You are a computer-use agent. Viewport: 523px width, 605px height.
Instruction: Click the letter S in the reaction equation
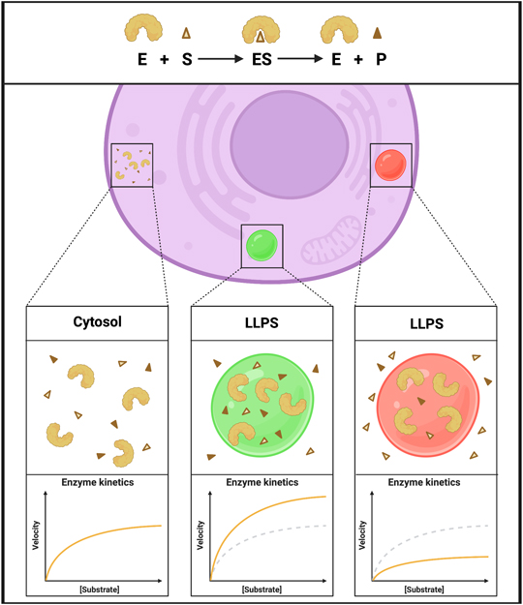(187, 59)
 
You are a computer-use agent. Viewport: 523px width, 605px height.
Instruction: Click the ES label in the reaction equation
(262, 59)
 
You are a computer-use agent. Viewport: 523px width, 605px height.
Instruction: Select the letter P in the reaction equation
(381, 59)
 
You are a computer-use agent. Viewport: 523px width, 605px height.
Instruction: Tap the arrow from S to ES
(221, 59)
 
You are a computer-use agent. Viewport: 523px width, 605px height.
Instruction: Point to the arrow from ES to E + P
(300, 59)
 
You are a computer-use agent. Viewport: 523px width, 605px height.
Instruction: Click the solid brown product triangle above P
(377, 33)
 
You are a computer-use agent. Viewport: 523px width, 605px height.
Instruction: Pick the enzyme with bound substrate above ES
(261, 30)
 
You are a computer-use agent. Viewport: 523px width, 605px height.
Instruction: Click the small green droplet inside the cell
(261, 246)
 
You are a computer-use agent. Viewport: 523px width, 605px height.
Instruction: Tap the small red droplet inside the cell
(390, 166)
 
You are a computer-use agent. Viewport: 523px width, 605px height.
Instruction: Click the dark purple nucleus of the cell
(290, 144)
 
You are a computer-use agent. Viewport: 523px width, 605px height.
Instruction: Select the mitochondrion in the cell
(331, 240)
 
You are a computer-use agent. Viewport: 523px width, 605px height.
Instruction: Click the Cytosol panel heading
(97, 321)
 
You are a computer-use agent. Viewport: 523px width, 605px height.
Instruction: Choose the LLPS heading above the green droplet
(261, 322)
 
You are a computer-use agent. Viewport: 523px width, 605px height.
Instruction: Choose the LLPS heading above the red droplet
(426, 323)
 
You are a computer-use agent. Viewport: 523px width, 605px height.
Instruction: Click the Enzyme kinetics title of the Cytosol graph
(98, 482)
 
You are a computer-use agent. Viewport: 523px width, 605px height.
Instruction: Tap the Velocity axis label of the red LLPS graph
(362, 535)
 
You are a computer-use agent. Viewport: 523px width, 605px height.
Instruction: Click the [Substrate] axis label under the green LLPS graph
(261, 590)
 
